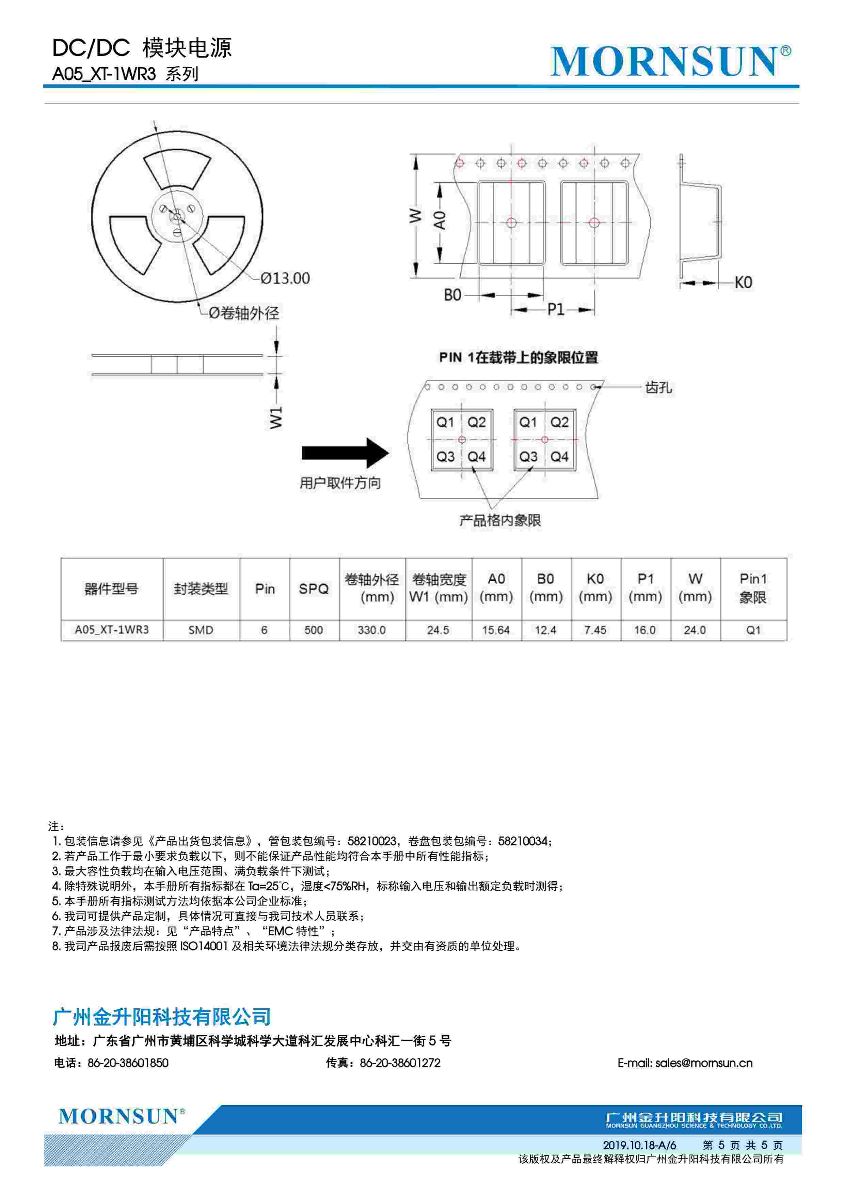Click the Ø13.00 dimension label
[285, 279]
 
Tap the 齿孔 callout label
[658, 387]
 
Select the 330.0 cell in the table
[371, 630]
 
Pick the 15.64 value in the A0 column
[496, 630]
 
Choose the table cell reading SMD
[201, 630]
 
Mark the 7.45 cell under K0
[595, 630]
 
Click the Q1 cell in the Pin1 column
[753, 630]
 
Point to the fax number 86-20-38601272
[400, 1063]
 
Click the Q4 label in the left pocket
[477, 457]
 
